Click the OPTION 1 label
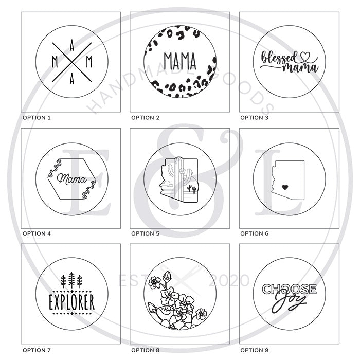coord(37,118)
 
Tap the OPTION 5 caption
coord(145,233)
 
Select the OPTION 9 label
coord(254,350)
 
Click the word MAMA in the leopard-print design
coord(180,61)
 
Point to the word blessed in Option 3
coord(278,58)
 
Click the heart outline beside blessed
coord(305,56)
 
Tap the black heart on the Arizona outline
coord(285,187)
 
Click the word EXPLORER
coord(72,302)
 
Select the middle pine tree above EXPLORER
coord(71,280)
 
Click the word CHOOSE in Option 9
coord(289,289)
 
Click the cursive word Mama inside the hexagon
coord(71,179)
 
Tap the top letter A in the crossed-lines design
coord(72,45)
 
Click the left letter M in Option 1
coord(55,62)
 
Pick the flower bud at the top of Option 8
coord(167,276)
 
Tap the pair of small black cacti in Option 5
coord(192,189)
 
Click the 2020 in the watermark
coord(229,280)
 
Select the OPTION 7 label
coord(37,350)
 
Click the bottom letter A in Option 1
coord(72,79)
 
